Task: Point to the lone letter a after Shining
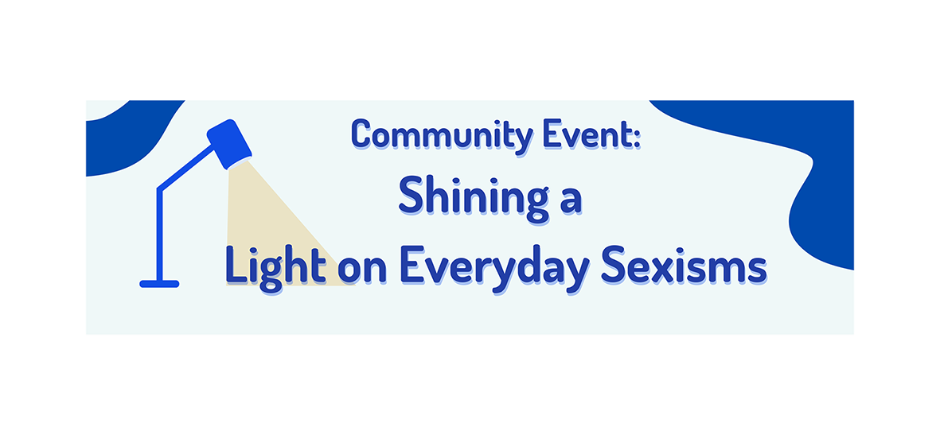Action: [x=570, y=203]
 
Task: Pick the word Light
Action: [x=275, y=266]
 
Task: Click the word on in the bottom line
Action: [x=362, y=271]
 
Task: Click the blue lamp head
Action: [x=229, y=144]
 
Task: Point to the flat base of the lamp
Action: [x=159, y=284]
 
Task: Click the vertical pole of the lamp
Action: [x=159, y=235]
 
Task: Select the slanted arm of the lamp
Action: [x=186, y=168]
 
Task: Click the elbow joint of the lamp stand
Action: [x=159, y=189]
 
